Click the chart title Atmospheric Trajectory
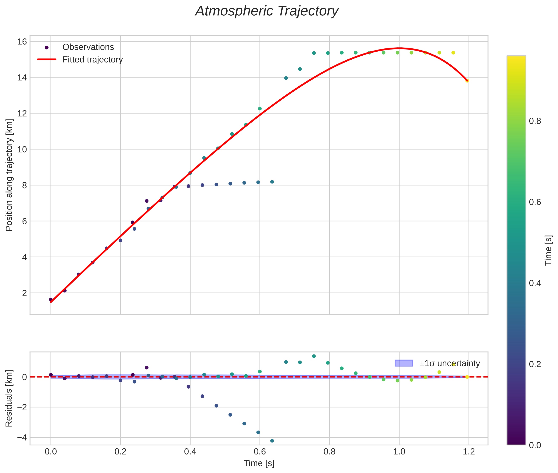(x=267, y=11)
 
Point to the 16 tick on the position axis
(x=22, y=41)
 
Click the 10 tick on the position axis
(x=22, y=149)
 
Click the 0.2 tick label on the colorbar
(x=535, y=364)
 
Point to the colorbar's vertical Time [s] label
(x=548, y=250)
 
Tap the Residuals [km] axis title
(x=9, y=398)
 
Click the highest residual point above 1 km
(x=314, y=356)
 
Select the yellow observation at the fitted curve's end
(x=467, y=81)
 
